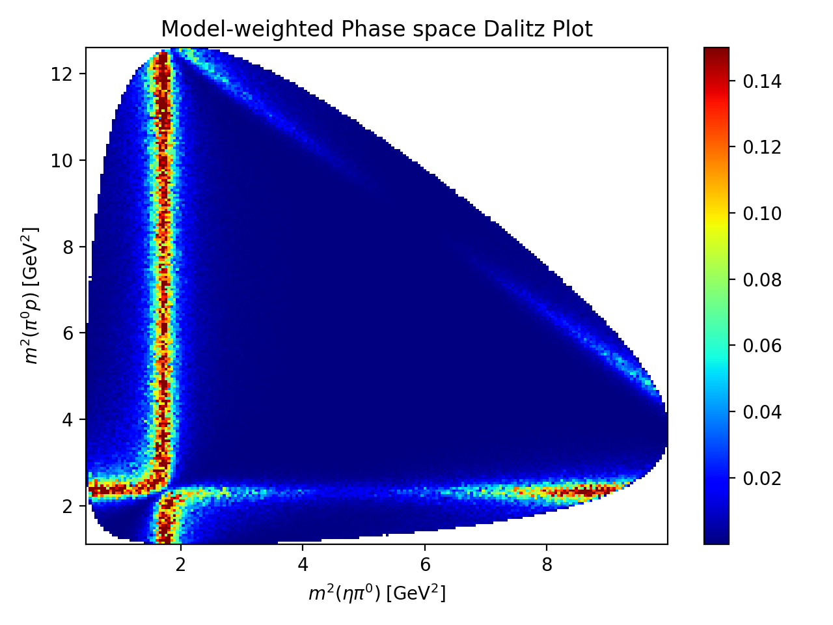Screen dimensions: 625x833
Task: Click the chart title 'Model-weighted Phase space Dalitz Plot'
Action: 377,29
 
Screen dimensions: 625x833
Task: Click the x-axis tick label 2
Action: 181,564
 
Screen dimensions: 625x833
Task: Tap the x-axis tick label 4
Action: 303,564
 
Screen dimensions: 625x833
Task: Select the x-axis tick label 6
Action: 425,564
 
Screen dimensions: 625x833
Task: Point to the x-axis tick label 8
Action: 547,564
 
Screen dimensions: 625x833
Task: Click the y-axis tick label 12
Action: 64,74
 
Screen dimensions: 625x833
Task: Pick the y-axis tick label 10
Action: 64,160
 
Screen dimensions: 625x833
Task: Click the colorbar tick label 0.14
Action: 762,81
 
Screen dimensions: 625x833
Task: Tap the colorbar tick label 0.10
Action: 762,214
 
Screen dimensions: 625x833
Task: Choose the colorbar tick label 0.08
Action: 762,280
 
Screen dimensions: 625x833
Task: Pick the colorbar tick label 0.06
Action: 762,346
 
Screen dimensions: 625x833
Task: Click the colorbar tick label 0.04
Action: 762,412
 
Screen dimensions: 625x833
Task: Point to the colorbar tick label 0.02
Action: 762,479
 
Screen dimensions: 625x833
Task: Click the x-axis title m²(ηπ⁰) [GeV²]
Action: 377,593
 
